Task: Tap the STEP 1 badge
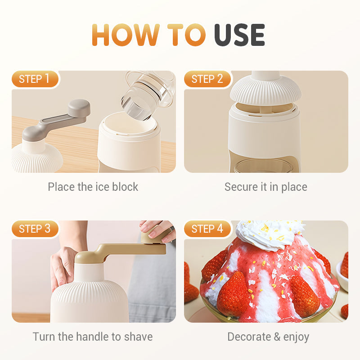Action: [x=35, y=79]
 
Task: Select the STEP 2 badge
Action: [x=207, y=79]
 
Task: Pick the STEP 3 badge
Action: [x=35, y=229]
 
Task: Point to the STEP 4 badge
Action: [x=207, y=229]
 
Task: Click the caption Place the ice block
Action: [x=93, y=187]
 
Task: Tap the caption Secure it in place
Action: [x=266, y=187]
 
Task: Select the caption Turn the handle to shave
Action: [x=93, y=337]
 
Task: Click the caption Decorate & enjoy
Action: [x=268, y=337]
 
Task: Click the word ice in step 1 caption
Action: [x=101, y=187]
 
